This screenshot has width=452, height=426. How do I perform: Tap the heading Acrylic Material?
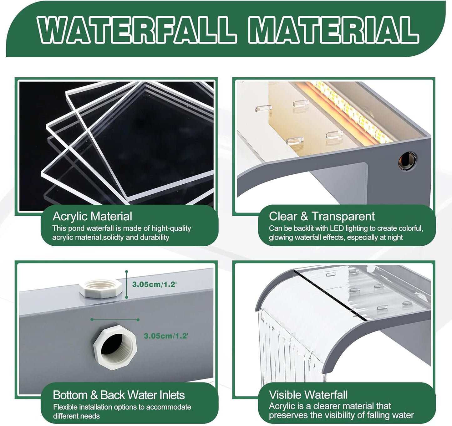point(92,216)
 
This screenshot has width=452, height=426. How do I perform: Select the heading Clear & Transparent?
point(322,216)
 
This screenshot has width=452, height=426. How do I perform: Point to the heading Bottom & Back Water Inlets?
point(119,395)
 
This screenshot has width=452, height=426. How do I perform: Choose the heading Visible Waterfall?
point(308,395)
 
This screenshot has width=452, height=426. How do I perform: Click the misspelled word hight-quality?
point(171,228)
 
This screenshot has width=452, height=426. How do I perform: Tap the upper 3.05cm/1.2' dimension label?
point(154,284)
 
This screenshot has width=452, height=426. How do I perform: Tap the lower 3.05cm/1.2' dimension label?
point(166,336)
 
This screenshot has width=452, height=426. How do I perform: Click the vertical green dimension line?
point(126,284)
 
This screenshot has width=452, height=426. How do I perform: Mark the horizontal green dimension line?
point(115,320)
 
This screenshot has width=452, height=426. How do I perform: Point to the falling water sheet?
point(288,351)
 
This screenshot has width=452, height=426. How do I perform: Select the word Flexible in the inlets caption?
point(65,407)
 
